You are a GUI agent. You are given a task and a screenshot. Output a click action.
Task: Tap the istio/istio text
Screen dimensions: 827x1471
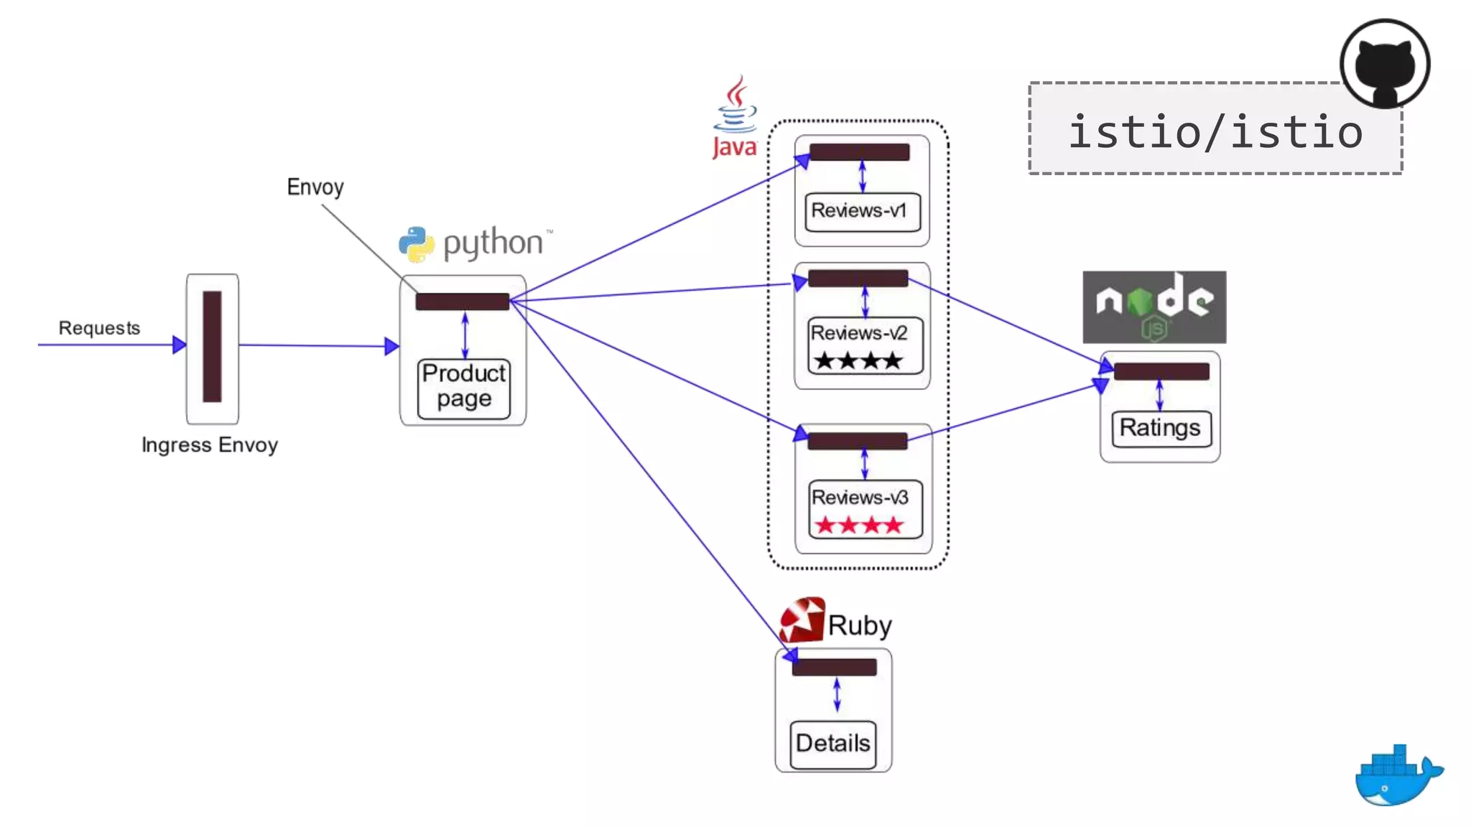1215,132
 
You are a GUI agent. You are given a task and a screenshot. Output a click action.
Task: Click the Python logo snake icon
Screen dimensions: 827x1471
417,244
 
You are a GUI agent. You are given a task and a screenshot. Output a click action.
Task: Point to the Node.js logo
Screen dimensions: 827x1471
1154,307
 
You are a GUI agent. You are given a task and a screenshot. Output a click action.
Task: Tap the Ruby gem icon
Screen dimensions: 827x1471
802,620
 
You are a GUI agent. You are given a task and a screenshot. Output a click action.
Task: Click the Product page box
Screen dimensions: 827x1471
464,388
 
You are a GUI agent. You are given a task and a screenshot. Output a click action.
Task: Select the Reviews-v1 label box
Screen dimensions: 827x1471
862,211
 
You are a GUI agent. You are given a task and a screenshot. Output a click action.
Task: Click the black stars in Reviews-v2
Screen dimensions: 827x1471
859,360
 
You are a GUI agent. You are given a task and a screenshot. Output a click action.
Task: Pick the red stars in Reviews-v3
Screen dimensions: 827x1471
859,525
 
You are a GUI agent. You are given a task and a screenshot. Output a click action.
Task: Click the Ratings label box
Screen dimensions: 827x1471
1161,429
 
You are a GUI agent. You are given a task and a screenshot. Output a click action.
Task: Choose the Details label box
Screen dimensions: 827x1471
833,744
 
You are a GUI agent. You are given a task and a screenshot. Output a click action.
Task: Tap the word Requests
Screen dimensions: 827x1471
99,328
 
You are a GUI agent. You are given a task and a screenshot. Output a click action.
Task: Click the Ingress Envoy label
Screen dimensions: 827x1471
210,445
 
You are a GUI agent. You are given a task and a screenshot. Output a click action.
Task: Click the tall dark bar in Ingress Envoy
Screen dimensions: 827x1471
212,346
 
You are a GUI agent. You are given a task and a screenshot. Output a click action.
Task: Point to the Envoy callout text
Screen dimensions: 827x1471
315,187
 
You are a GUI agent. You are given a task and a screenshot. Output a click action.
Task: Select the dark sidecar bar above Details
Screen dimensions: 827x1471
834,667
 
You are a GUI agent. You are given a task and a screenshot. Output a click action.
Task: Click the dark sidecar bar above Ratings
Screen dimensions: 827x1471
1161,371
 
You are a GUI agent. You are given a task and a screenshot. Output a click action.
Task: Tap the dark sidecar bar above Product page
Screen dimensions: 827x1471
463,302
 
